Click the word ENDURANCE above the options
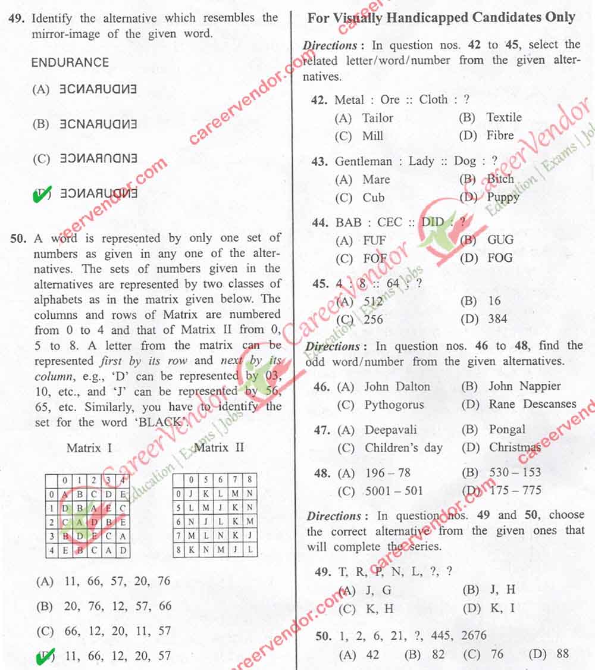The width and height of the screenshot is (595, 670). pyautogui.click(x=70, y=62)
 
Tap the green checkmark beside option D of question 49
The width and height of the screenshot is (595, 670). pyautogui.click(x=42, y=194)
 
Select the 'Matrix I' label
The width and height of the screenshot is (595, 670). pyautogui.click(x=89, y=447)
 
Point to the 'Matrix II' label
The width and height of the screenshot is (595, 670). pyautogui.click(x=219, y=447)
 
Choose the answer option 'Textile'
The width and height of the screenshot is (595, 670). pyautogui.click(x=503, y=117)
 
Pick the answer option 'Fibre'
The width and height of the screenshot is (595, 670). pyautogui.click(x=500, y=135)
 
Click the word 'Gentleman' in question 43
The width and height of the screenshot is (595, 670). pyautogui.click(x=364, y=161)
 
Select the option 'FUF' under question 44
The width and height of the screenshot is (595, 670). pyautogui.click(x=374, y=240)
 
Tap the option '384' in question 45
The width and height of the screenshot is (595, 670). pyautogui.click(x=497, y=319)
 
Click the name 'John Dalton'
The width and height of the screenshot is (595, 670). pyautogui.click(x=397, y=386)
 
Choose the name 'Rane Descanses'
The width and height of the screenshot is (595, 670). pyautogui.click(x=533, y=404)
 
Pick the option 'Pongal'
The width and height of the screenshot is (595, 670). pyautogui.click(x=507, y=430)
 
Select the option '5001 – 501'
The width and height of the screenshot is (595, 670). pyautogui.click(x=394, y=491)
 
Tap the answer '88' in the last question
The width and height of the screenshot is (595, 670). pyautogui.click(x=562, y=655)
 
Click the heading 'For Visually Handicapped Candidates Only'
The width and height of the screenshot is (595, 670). pyautogui.click(x=441, y=18)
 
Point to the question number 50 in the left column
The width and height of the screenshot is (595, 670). pyautogui.click(x=18, y=239)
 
